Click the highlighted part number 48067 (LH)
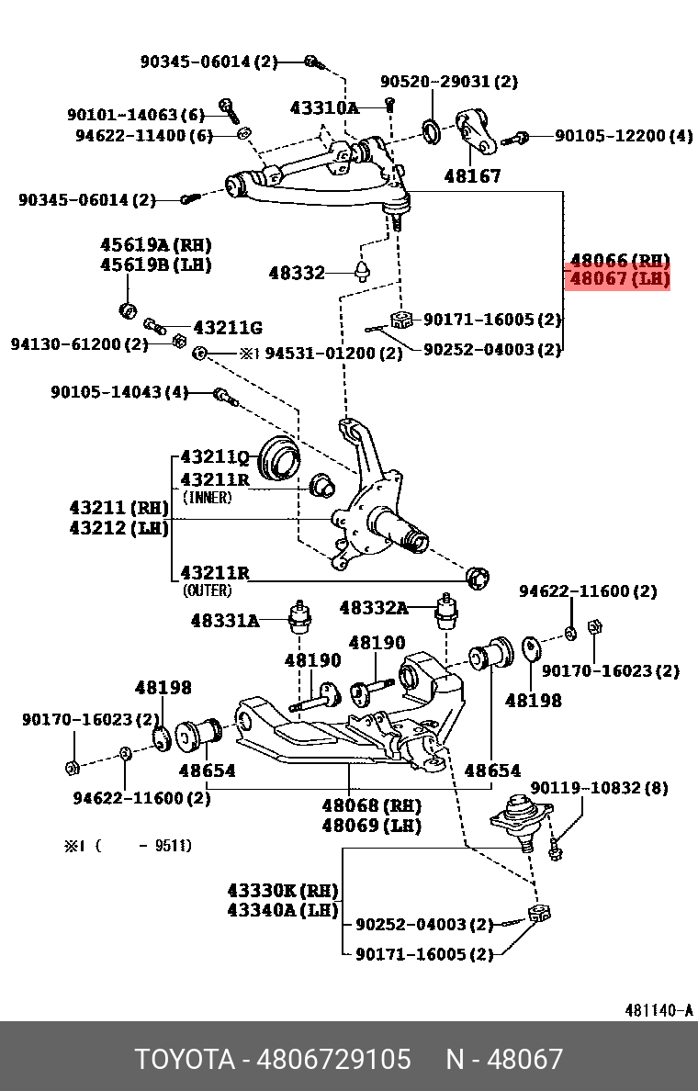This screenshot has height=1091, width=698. pyautogui.click(x=620, y=278)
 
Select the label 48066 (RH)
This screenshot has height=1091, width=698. pyautogui.click(x=620, y=260)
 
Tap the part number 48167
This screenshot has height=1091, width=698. pyautogui.click(x=473, y=174)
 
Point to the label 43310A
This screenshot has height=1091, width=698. pyautogui.click(x=324, y=107)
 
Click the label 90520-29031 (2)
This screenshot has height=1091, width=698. pyautogui.click(x=449, y=82)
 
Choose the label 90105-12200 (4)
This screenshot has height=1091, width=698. pyautogui.click(x=624, y=136)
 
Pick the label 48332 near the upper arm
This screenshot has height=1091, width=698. pyautogui.click(x=297, y=273)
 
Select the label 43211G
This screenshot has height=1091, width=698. pyautogui.click(x=227, y=327)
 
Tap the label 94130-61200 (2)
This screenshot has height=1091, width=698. pyautogui.click(x=79, y=344)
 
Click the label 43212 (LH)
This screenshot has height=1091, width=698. pyautogui.click(x=118, y=529)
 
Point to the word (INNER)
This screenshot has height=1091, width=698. pyautogui.click(x=207, y=498)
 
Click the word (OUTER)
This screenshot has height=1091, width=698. pyautogui.click(x=207, y=590)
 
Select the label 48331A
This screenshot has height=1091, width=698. pyautogui.click(x=225, y=621)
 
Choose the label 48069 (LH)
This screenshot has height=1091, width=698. pyautogui.click(x=371, y=826)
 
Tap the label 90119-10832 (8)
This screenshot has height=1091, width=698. pyautogui.click(x=599, y=788)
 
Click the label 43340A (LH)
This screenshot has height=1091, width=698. pyautogui.click(x=282, y=910)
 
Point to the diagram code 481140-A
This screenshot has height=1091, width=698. pyautogui.click(x=659, y=1010)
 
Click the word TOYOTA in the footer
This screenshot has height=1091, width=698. pyautogui.click(x=186, y=1059)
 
